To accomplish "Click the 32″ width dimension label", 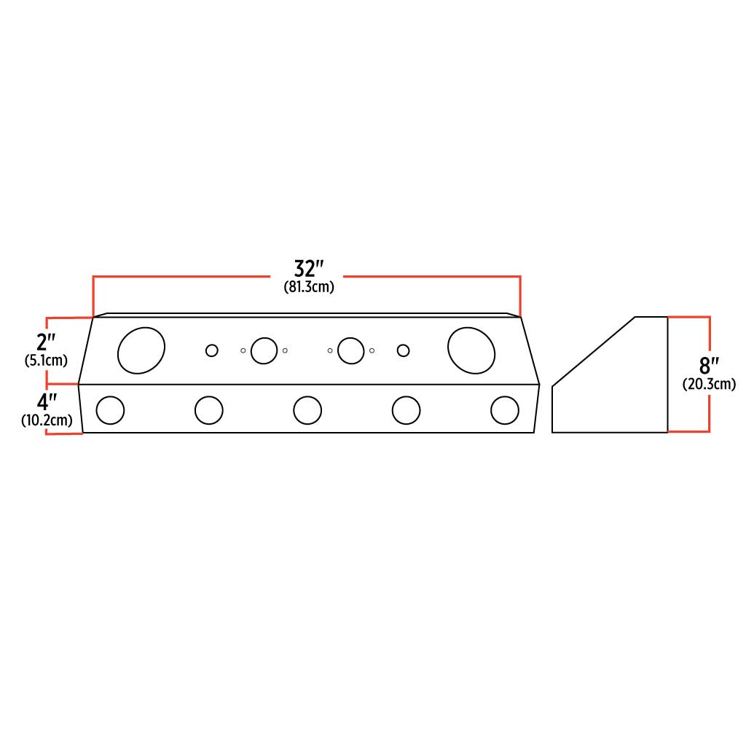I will [309, 269].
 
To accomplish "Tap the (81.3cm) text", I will [309, 287].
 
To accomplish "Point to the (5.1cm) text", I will [46, 360].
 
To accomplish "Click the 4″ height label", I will [47, 401].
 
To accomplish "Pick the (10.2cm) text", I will [47, 420].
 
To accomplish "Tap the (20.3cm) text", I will [709, 384].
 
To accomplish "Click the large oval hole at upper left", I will [141, 351].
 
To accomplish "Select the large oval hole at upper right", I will [471, 350].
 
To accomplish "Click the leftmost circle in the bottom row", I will [111, 411].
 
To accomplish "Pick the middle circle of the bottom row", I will [307, 410].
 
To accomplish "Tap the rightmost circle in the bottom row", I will [505, 410].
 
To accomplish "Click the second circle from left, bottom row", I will [209, 411].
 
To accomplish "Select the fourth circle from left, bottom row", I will [406, 411].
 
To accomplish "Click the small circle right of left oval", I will [211, 350].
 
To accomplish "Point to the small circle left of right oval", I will [403, 350].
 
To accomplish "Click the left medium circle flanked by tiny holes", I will [264, 350].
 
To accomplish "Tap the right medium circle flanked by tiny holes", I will [351, 350].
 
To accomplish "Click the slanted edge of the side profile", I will [594, 351].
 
